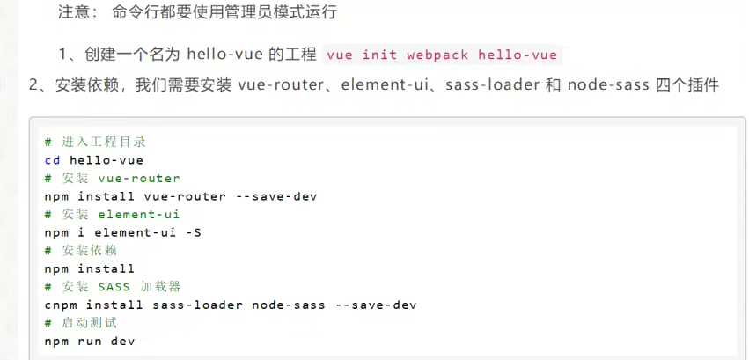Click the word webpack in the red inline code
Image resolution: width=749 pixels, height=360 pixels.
(437, 55)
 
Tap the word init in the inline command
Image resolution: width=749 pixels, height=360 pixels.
(379, 55)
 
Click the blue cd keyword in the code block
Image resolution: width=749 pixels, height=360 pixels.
(52, 160)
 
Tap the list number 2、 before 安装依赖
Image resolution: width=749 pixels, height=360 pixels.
(36, 85)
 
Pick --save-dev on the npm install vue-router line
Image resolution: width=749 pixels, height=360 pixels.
(276, 196)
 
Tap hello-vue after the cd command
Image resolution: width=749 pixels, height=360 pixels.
(106, 160)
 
